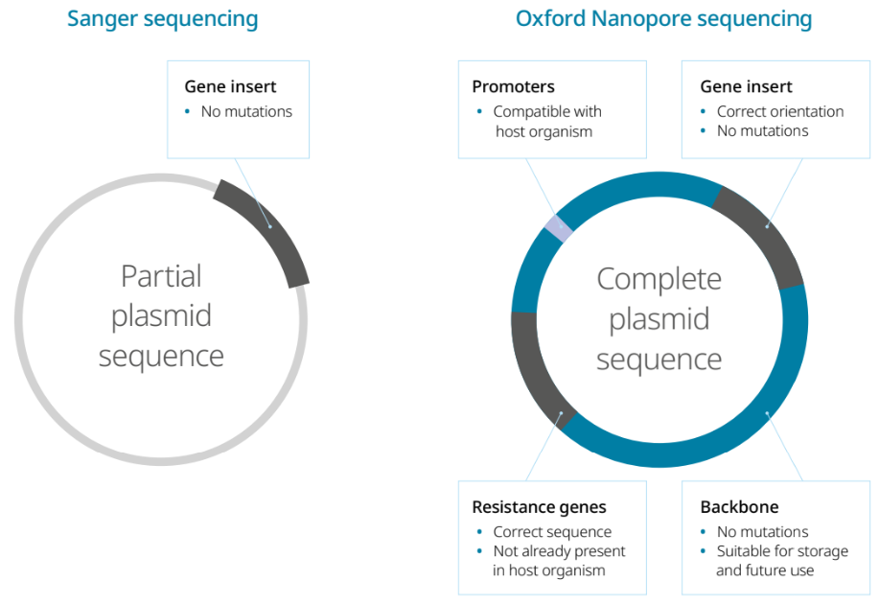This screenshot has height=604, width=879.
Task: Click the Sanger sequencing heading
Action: [x=162, y=18]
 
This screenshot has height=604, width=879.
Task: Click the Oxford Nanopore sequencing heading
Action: [x=663, y=18]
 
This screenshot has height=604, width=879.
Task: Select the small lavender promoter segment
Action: [x=559, y=228]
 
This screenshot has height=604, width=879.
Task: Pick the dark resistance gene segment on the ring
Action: [x=540, y=369]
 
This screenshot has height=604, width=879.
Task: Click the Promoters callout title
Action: [x=513, y=86]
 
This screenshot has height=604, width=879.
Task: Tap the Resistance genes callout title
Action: [x=539, y=507]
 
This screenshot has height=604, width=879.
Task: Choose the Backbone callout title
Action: [x=739, y=507]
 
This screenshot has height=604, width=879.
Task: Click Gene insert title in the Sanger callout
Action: [x=230, y=86]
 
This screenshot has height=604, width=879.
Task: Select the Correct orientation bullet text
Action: [x=779, y=111]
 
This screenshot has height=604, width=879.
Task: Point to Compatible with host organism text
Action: [x=546, y=122]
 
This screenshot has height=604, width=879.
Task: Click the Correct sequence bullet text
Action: [x=551, y=532]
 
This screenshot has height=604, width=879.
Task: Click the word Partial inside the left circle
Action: [x=161, y=276]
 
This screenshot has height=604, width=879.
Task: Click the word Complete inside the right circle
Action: [x=659, y=279]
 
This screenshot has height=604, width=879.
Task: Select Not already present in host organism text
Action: [x=558, y=561]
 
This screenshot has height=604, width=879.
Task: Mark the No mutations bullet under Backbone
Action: [x=762, y=532]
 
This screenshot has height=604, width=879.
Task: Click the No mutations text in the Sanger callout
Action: [x=246, y=111]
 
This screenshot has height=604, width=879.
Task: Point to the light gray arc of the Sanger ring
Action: [x=58, y=422]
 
